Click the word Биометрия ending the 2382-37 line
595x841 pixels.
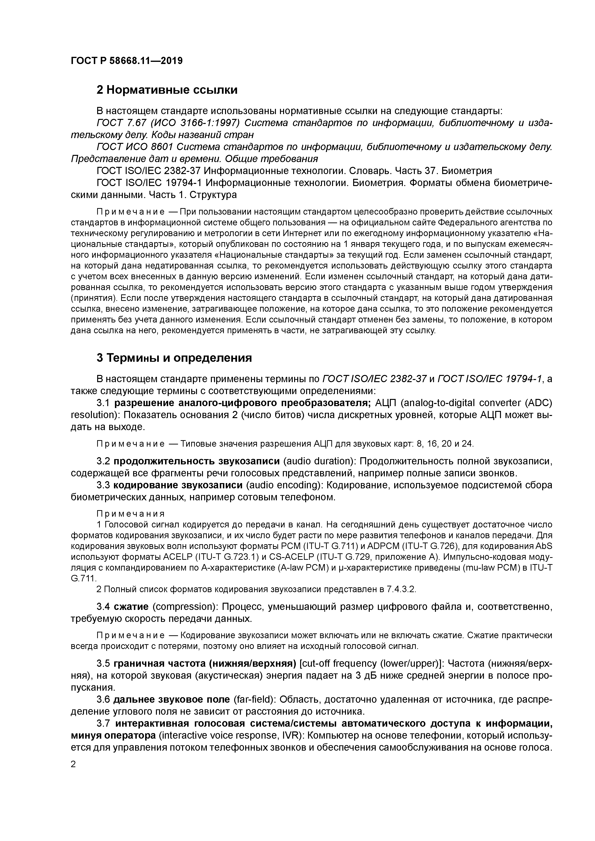click(x=466, y=171)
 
